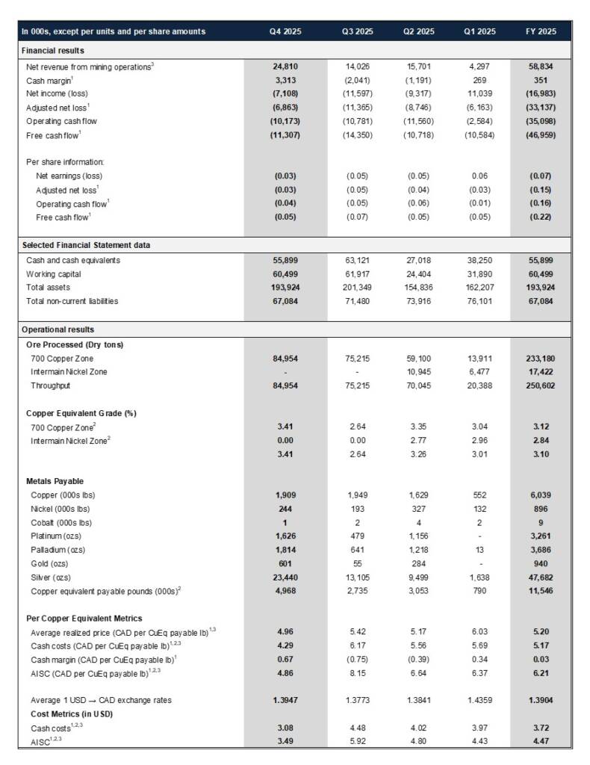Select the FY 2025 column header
pos(541,31)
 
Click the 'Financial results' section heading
pos(53,50)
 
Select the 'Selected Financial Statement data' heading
pos(89,245)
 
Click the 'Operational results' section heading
pos(58,329)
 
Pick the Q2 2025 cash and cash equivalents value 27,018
pos(419,261)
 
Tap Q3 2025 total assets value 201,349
pos(358,288)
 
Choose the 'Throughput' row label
pos(51,385)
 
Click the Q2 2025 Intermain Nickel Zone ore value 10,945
pos(419,372)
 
